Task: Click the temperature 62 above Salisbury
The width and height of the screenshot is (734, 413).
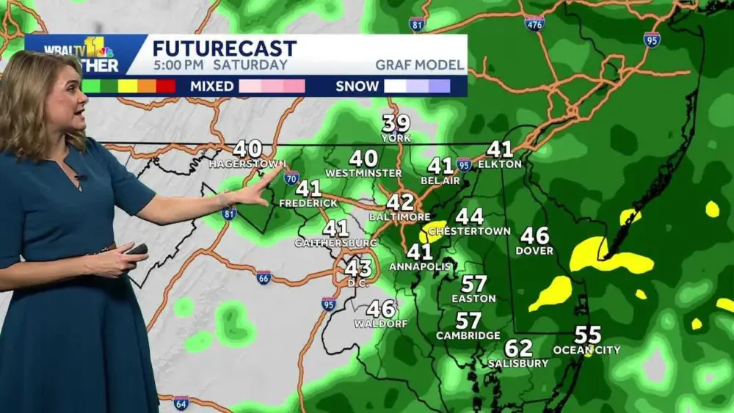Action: (518, 348)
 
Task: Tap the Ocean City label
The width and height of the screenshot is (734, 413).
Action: (586, 350)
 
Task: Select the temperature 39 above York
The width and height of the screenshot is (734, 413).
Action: (396, 123)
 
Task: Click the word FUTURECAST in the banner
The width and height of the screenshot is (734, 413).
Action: (224, 49)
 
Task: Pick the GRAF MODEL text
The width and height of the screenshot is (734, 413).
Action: (420, 65)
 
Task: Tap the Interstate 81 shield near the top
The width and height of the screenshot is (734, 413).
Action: (417, 23)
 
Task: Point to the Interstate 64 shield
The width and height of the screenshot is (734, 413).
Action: (181, 403)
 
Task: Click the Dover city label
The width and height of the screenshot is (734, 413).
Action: (535, 251)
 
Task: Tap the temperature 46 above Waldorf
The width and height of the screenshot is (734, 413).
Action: (381, 309)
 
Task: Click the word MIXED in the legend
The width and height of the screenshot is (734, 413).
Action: (211, 87)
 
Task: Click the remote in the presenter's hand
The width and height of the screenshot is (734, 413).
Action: (136, 250)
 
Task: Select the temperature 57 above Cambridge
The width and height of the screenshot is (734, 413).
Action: (468, 321)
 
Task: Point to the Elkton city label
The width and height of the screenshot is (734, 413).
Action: (499, 164)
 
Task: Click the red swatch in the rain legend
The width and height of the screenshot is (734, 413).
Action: (166, 87)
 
